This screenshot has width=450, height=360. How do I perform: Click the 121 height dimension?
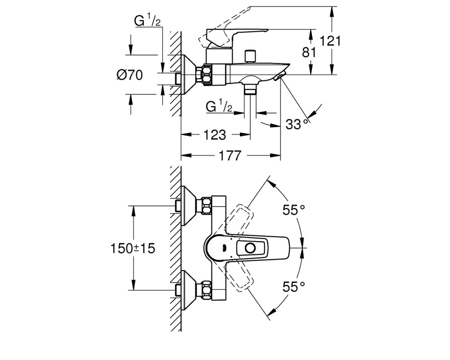tap(330, 41)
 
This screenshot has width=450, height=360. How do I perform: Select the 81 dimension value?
tap(309, 53)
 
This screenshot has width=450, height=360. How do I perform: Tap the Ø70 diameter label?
tap(130, 75)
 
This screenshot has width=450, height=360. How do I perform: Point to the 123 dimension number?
tap(215, 135)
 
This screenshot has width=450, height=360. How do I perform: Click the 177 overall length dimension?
tap(230, 156)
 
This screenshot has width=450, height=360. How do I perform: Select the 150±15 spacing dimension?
tap(133, 248)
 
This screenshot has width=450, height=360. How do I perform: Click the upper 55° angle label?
tap(293, 210)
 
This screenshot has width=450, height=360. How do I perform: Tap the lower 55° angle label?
tap(293, 287)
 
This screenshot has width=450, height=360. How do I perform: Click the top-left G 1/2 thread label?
tap(148, 21)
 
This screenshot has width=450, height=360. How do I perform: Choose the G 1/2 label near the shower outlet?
tap(219, 107)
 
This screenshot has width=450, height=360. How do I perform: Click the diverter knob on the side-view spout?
tap(250, 56)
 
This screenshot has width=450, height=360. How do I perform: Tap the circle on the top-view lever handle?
tap(251, 248)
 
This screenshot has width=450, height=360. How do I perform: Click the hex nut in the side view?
tap(207, 75)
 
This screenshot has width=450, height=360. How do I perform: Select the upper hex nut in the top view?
tap(207, 206)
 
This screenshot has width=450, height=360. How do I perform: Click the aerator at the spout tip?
tap(279, 76)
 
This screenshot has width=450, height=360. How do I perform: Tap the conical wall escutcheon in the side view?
tap(189, 75)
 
